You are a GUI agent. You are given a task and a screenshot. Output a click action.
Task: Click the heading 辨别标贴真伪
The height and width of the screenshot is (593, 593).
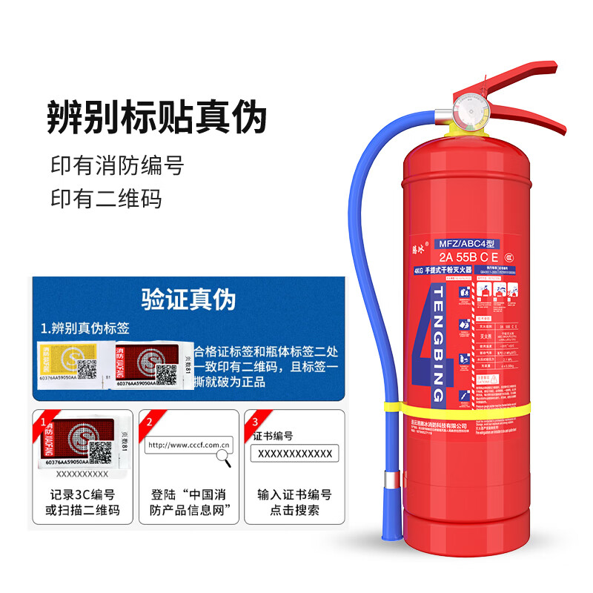(x=156, y=116)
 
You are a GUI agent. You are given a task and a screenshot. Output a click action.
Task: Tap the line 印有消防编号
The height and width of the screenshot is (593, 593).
(x=116, y=165)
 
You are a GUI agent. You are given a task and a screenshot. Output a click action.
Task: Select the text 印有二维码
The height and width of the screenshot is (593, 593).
(x=105, y=199)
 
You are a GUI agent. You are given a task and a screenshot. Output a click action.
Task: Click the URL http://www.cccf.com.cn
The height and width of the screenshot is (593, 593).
(x=190, y=445)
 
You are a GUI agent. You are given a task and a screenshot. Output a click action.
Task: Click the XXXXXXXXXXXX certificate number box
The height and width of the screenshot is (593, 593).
(x=294, y=454)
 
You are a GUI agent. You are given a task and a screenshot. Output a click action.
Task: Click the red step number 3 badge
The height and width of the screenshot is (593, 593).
(x=256, y=422)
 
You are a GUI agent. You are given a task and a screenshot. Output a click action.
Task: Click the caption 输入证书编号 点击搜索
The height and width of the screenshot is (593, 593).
(x=294, y=503)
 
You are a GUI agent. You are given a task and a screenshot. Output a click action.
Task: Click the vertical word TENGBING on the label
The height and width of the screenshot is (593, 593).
(x=438, y=337)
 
